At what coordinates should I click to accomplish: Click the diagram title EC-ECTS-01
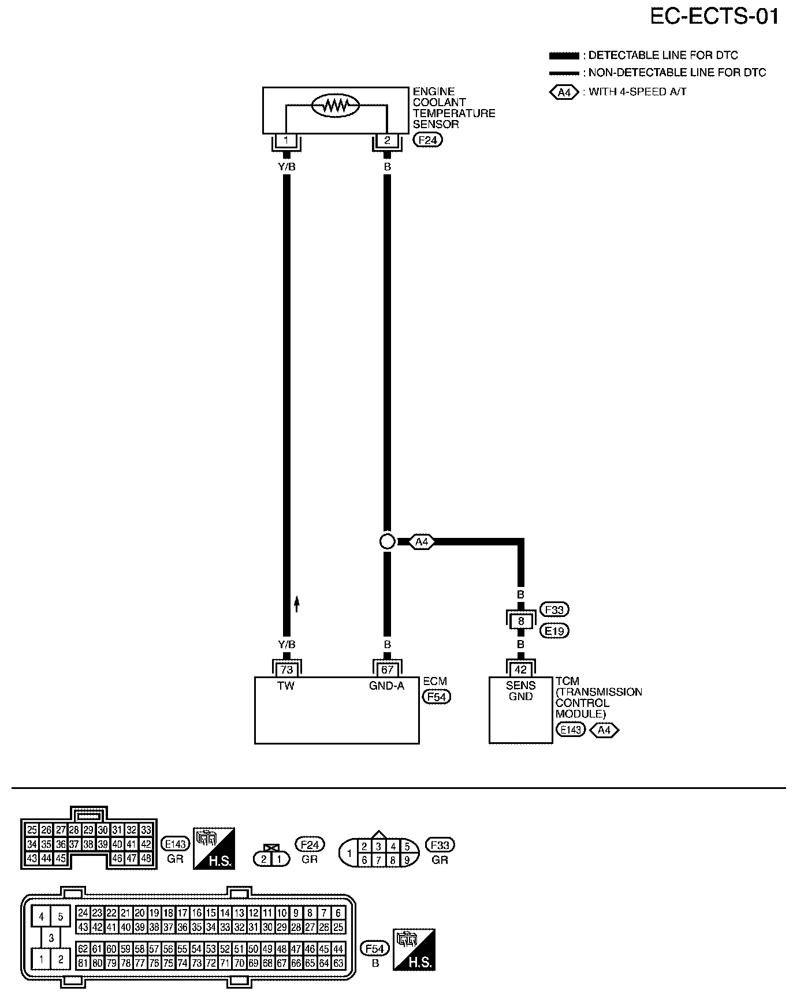coord(714,16)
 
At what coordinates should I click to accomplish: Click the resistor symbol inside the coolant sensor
coord(335,105)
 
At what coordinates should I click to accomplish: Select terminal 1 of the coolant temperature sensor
coord(286,140)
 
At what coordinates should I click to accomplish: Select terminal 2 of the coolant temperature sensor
coord(387,140)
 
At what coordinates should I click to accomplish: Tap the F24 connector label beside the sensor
coord(428,140)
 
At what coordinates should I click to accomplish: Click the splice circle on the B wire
coord(388,541)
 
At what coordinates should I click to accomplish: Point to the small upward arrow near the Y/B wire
coord(297,604)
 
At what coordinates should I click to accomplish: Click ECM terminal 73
coord(286,669)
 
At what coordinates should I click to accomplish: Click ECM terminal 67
coord(387,669)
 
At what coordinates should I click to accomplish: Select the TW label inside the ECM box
coord(286,686)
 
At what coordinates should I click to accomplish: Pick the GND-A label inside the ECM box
coord(387,686)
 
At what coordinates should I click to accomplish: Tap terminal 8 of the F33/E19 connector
coord(520,622)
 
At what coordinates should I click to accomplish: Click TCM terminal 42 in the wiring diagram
coord(520,669)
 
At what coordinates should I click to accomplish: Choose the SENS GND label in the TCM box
coord(520,691)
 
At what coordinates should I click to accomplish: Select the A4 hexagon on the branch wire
coord(422,542)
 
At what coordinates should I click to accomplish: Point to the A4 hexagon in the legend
coord(564,92)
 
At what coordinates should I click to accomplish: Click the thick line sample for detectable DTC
coord(564,56)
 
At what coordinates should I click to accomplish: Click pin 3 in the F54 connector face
coord(51,938)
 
